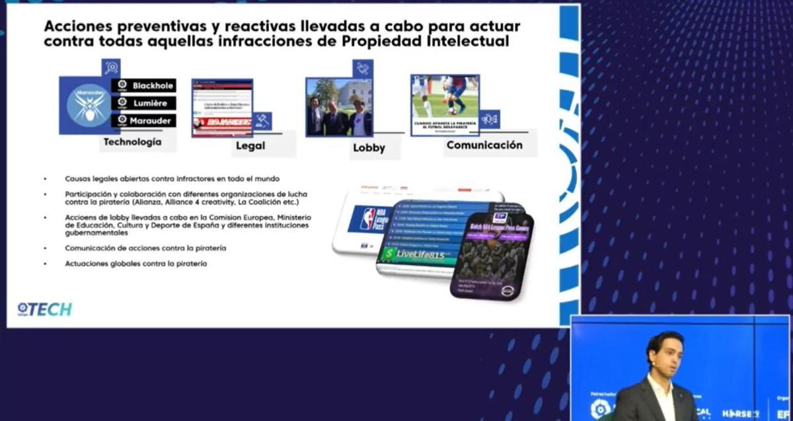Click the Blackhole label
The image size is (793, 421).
pos(144,86)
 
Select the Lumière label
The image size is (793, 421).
pos(144,103)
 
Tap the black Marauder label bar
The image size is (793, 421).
pos(144,120)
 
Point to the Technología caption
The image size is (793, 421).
pos(132,141)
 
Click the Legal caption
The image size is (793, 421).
pos(250,145)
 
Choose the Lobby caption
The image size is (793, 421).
pos(369,148)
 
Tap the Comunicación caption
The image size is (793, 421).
pos(484,145)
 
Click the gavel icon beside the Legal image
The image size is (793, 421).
pos(262,121)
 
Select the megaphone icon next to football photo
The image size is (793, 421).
pos(490,119)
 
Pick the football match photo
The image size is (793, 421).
pos(445,96)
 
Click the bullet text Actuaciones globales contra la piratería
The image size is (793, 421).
pos(135,264)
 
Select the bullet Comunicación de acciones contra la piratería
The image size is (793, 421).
pos(145,248)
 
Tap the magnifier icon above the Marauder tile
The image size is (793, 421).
pos(111,67)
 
